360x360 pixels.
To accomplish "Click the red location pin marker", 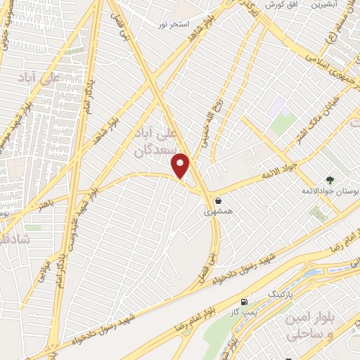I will click(181, 165).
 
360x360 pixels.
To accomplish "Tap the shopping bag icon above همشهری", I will click(219, 200).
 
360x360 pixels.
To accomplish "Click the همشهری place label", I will click(218, 211).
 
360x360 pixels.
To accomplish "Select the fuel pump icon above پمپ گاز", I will click(245, 301).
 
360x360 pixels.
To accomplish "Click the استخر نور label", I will click(174, 25).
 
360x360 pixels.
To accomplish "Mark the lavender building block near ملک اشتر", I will click(275, 107).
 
